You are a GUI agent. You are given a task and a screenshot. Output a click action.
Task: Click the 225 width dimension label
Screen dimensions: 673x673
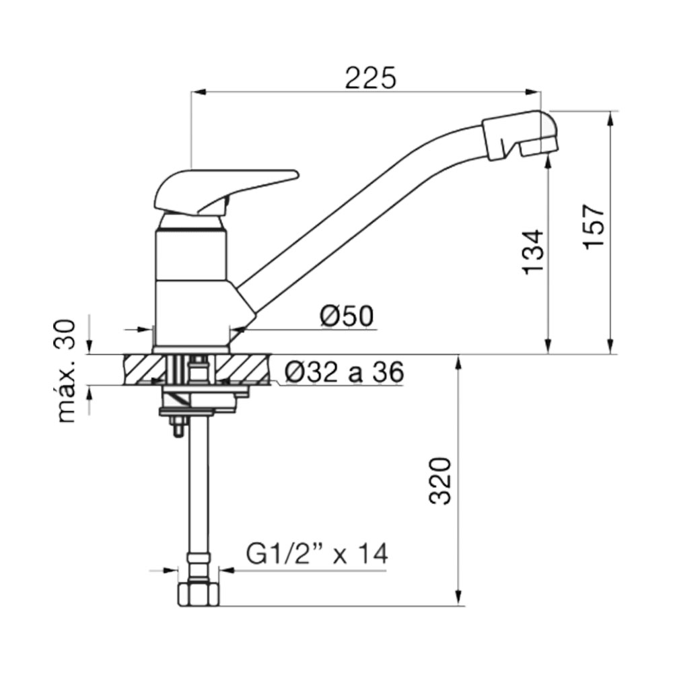click(370, 77)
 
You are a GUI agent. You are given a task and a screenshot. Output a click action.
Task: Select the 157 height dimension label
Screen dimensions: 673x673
click(594, 225)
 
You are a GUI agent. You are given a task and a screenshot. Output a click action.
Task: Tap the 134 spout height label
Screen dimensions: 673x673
click(533, 252)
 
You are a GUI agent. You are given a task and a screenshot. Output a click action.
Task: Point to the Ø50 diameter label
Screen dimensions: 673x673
click(347, 316)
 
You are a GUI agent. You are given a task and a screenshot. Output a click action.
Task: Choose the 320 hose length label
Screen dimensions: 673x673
click(440, 481)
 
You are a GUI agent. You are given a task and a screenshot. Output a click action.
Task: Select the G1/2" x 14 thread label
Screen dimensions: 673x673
click(317, 554)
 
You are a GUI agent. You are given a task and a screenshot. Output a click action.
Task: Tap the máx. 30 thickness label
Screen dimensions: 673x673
click(66, 371)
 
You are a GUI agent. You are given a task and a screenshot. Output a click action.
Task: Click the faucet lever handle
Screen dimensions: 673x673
click(225, 191)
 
